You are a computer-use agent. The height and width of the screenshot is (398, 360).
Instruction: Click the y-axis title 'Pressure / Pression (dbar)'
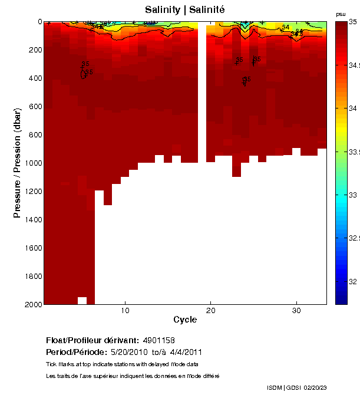18,163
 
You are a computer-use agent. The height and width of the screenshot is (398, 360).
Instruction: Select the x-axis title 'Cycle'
184,320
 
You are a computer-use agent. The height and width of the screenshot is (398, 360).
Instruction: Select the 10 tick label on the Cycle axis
125,310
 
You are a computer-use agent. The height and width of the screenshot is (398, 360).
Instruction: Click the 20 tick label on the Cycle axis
211,310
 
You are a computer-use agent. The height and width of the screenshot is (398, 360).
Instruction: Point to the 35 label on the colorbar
353,22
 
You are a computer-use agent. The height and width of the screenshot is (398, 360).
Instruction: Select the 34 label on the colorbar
353,108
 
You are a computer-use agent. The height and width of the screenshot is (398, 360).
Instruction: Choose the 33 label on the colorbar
353,195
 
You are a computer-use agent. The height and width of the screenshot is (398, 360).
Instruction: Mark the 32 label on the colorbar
353,282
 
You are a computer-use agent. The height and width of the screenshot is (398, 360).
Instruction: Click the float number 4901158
158,340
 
